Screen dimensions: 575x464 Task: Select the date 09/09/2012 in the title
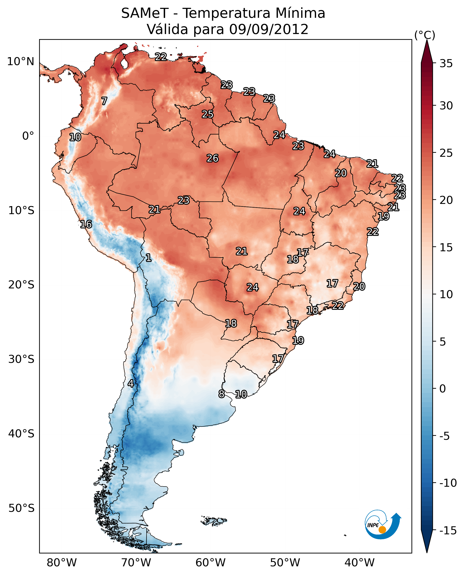269,29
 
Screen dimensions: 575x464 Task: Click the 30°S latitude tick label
21,359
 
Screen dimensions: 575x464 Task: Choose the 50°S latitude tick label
21,508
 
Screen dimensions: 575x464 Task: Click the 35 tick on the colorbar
446,64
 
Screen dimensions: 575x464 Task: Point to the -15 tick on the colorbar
448,530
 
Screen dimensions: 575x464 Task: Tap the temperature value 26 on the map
212,159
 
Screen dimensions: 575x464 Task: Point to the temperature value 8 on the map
221,394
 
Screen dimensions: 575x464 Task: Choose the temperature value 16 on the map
86,224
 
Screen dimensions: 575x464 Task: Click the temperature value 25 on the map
207,114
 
